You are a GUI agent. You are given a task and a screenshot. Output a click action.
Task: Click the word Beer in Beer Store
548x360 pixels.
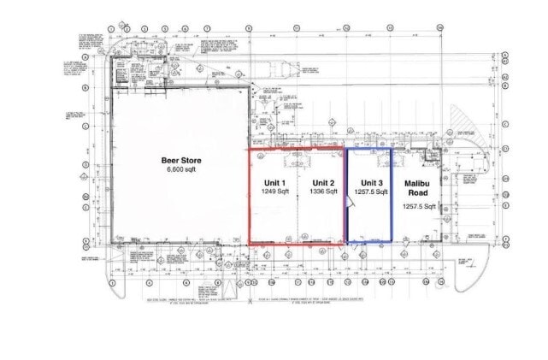click(169, 160)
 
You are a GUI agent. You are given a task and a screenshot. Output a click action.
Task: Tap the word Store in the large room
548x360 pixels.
click(190, 160)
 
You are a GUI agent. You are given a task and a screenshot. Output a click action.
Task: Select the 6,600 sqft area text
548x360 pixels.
click(181, 170)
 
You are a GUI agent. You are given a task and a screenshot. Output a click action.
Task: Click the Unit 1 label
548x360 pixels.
click(274, 183)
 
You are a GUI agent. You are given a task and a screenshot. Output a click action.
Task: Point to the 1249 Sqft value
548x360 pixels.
click(274, 192)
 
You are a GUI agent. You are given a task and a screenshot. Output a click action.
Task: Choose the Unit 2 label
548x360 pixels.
click(322, 183)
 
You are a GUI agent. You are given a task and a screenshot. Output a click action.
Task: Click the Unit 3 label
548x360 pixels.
click(371, 183)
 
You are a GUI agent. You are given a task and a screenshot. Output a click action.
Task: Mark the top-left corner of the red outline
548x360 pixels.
click(249, 149)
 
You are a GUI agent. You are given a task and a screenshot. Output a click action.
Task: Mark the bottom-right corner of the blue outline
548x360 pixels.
click(392, 244)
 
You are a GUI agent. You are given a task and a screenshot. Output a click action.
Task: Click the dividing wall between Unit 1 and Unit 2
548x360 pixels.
click(298, 197)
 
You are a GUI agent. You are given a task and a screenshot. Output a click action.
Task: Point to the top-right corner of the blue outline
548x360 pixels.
click(392, 149)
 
